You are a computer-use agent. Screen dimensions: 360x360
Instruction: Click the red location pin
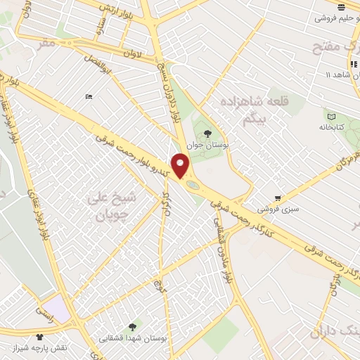[x=181, y=165]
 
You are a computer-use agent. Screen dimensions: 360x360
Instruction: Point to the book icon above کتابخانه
[x=331, y=116]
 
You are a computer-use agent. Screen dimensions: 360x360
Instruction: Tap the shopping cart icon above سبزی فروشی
[x=279, y=198]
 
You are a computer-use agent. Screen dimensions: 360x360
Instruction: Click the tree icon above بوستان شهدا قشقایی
[x=132, y=326]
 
